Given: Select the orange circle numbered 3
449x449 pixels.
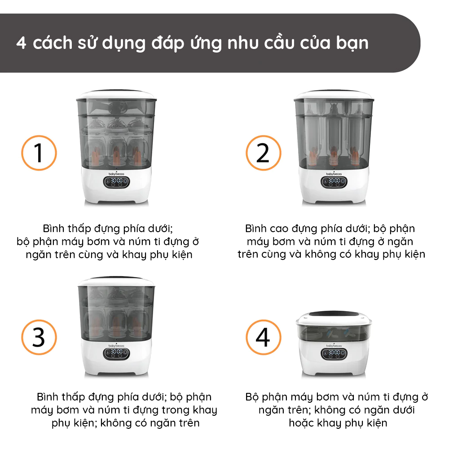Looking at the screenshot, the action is click(x=39, y=320).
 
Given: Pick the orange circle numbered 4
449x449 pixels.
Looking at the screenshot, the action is click(x=264, y=320).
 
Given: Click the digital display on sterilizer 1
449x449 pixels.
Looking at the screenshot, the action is click(x=117, y=182).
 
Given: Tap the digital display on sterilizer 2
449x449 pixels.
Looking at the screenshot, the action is click(x=334, y=182).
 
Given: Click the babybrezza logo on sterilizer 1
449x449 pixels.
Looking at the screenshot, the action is click(x=116, y=173).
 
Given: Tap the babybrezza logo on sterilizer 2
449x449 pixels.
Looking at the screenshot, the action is click(x=334, y=173).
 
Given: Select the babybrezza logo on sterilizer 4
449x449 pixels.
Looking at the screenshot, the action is click(x=334, y=345).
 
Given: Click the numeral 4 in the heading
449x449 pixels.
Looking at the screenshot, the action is click(x=21, y=43).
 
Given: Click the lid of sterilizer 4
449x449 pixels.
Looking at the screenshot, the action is click(x=334, y=317).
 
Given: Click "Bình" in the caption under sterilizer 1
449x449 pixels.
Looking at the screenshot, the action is click(x=51, y=228).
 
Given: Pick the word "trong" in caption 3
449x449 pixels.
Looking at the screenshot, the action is click(x=176, y=410).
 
